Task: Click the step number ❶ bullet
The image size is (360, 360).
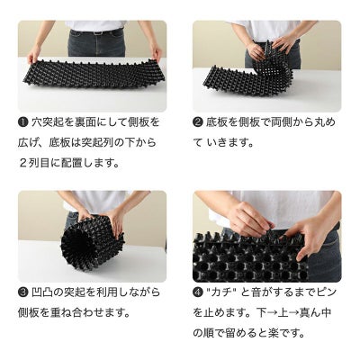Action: pos(22,122)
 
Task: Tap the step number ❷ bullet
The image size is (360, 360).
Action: pos(198,122)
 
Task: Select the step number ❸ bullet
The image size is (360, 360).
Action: pos(22,292)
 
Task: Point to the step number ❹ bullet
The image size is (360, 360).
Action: pos(198,292)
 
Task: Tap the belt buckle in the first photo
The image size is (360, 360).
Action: pos(96,32)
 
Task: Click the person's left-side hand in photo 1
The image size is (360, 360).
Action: pos(34,54)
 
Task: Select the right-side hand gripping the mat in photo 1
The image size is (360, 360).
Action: pos(157,52)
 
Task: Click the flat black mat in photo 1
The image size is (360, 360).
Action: pos(94,73)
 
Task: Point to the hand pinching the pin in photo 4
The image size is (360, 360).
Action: pos(250,219)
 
